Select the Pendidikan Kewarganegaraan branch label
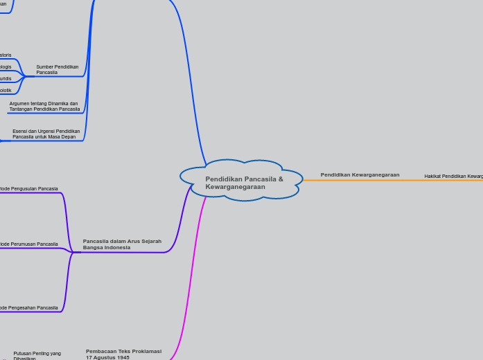360,174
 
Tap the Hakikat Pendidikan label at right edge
454,177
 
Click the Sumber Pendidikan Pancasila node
57,69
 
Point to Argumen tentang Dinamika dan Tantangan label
44,106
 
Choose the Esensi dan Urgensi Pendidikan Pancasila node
46,134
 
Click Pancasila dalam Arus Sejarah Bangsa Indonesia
122,244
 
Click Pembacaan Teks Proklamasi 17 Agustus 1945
123,354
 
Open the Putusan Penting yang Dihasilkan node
37,355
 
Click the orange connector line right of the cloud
360,180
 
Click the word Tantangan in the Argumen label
21,109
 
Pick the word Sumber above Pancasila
44,66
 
